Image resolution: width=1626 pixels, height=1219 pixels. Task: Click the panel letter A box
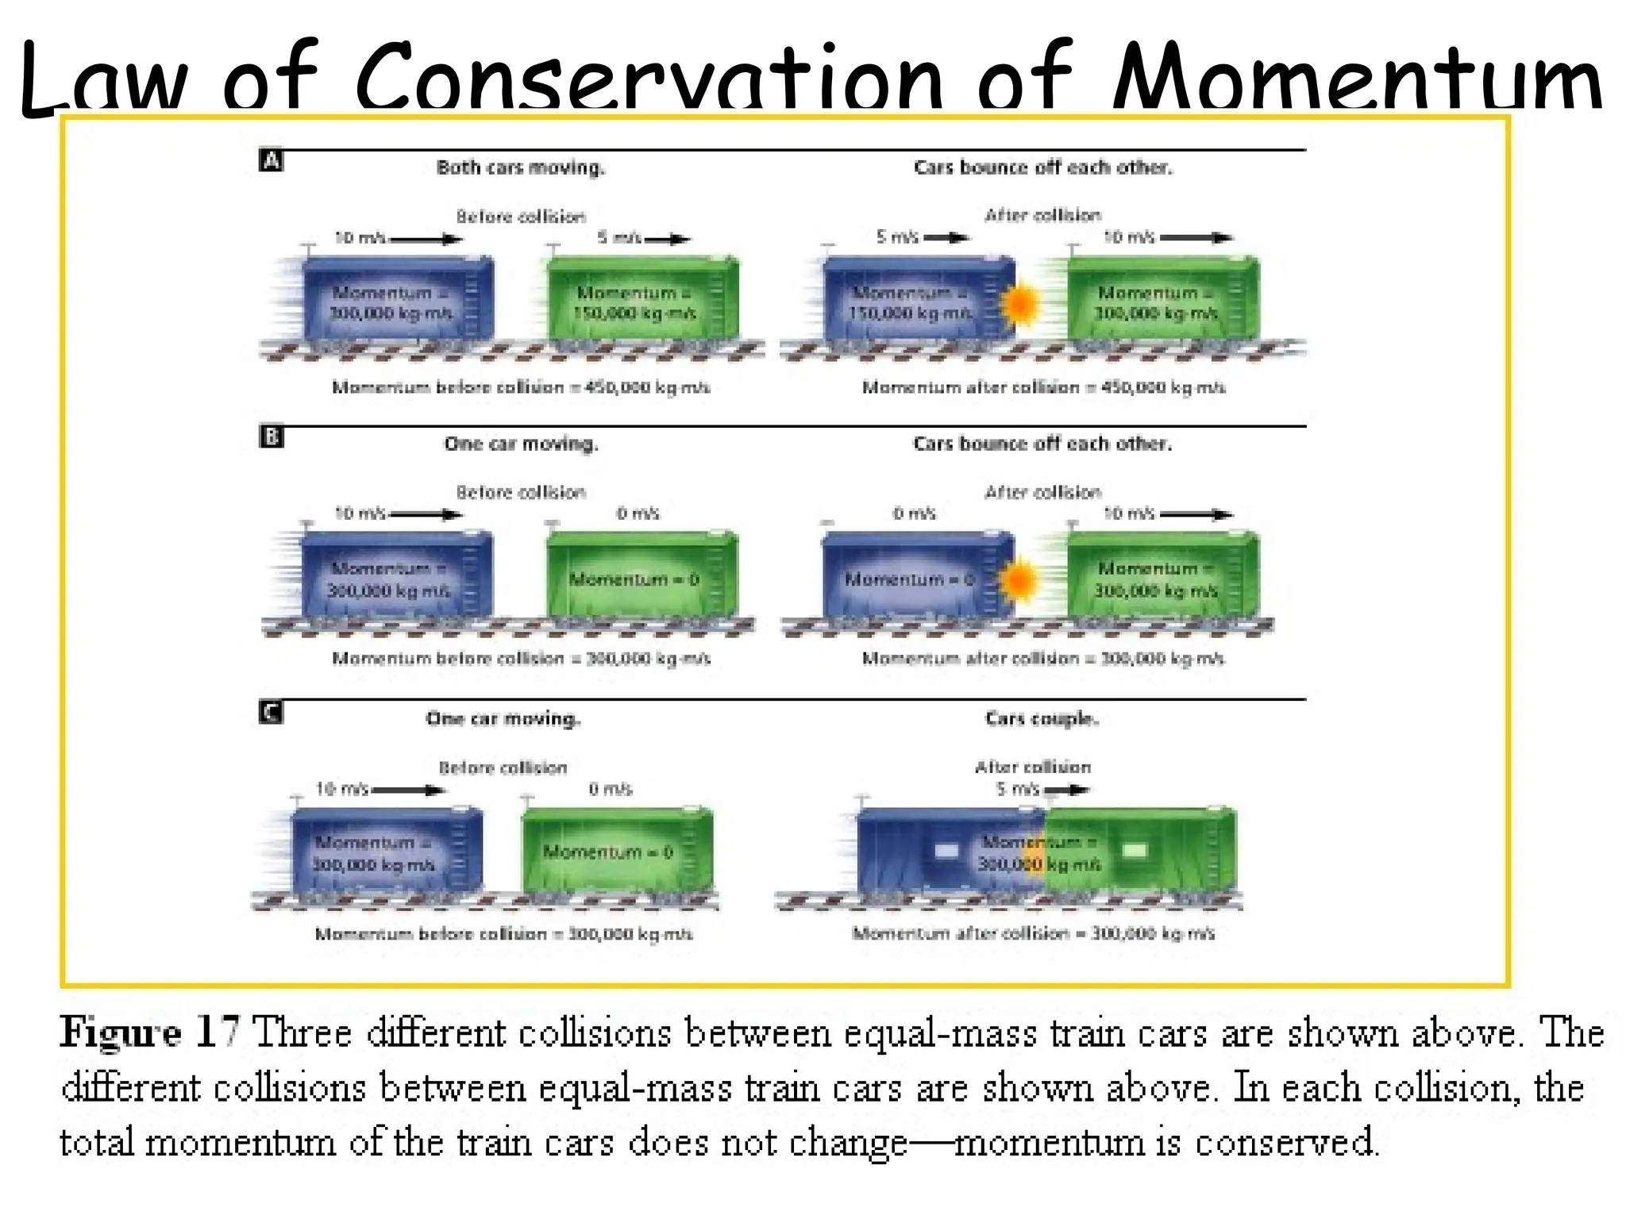click(272, 162)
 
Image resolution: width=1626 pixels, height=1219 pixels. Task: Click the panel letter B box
click(272, 438)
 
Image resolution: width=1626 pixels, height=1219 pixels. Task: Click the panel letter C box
click(272, 713)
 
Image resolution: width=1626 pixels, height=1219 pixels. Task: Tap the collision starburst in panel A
click(1020, 304)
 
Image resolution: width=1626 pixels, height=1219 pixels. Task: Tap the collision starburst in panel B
click(1019, 579)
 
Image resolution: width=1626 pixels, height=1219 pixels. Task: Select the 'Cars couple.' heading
click(1042, 719)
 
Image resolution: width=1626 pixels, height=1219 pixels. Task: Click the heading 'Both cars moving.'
click(521, 167)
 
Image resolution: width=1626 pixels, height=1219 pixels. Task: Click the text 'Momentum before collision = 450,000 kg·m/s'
click(521, 388)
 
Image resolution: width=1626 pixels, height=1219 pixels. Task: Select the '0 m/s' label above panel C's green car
click(611, 789)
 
